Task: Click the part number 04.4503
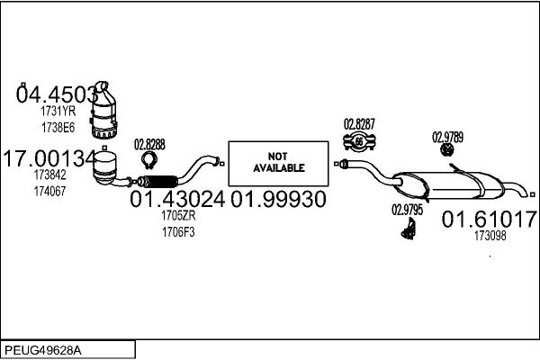coord(57,93)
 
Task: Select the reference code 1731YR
coord(58,111)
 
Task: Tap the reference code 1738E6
coord(58,126)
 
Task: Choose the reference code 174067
coord(49,192)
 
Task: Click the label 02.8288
coord(150,143)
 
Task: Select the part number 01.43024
coord(177,199)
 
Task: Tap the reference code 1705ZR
coord(177,217)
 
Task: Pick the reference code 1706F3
coord(177,232)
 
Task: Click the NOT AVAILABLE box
coord(279,161)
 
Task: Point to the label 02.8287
coord(360,124)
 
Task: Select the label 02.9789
coord(447,137)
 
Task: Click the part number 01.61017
coord(490,219)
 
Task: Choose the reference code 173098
coord(490,237)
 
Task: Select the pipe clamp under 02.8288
coord(149,161)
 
